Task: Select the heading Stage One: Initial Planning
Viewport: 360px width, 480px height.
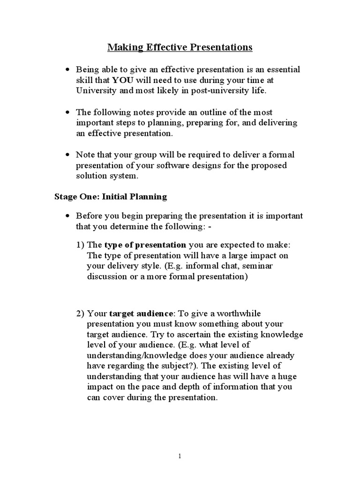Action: [x=111, y=196]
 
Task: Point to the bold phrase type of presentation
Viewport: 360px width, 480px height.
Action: [x=145, y=245]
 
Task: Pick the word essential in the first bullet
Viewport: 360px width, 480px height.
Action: [x=282, y=69]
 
